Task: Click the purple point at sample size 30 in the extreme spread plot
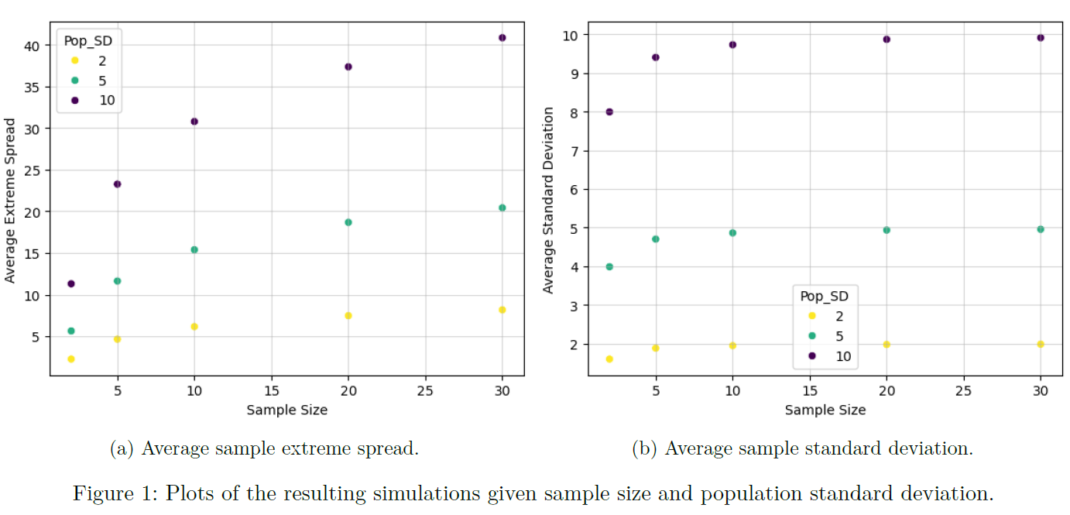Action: coord(502,37)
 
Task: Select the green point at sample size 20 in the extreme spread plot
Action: coord(348,222)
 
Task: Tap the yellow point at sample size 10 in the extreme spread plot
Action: coord(194,327)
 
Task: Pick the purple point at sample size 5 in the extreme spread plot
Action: coord(117,184)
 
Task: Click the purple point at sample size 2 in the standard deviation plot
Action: coord(609,112)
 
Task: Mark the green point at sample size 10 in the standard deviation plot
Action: coord(732,232)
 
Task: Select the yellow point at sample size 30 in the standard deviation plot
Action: coord(1041,344)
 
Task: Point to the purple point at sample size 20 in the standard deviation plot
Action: coord(887,39)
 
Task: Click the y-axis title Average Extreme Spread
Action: coord(10,201)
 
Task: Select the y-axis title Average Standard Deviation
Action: coord(548,200)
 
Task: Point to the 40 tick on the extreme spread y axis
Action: coord(33,46)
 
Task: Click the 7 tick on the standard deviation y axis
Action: coord(573,150)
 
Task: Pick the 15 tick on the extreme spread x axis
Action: coord(271,392)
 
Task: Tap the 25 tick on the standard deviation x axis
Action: coord(963,392)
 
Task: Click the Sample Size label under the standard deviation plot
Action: coord(825,410)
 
